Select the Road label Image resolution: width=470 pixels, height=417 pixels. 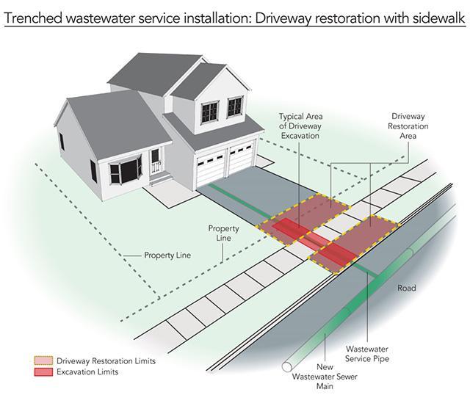[406, 288]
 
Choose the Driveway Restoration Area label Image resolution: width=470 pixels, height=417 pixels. [409, 126]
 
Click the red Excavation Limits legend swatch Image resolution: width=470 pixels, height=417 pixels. [43, 372]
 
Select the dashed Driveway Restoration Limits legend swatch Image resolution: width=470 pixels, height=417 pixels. [43, 361]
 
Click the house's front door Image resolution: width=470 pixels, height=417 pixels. [155, 160]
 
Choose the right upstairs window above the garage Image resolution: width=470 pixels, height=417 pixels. [234, 106]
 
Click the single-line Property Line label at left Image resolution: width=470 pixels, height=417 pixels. [167, 255]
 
